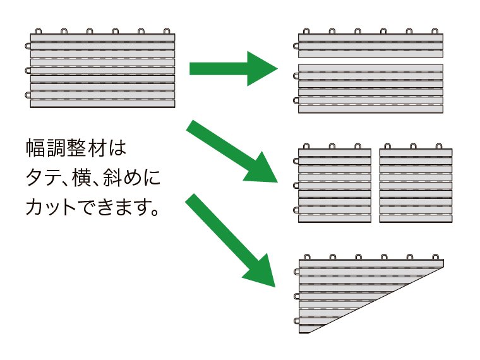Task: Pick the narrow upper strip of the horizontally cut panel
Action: click(x=370, y=45)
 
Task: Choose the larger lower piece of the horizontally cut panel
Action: click(x=370, y=88)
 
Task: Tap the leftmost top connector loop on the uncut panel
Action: click(x=38, y=30)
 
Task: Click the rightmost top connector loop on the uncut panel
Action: click(x=166, y=30)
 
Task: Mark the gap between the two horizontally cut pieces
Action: click(x=370, y=60)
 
